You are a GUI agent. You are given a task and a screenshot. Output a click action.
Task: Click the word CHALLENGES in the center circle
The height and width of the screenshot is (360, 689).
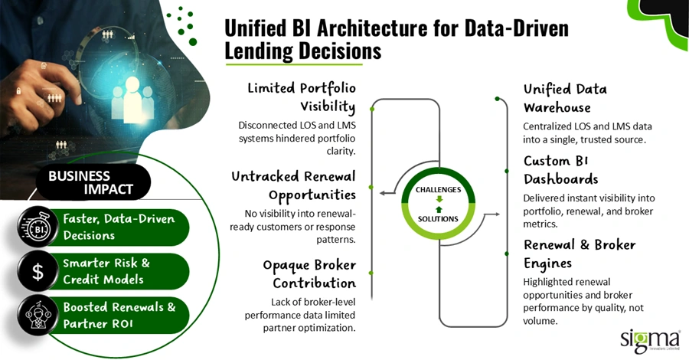(438, 189)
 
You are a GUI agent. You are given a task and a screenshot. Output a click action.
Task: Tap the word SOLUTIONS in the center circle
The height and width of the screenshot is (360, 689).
(438, 218)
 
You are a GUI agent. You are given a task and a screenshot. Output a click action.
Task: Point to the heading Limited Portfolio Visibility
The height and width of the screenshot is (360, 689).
(301, 97)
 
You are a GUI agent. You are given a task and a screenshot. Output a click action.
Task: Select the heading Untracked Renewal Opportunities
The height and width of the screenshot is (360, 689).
(294, 185)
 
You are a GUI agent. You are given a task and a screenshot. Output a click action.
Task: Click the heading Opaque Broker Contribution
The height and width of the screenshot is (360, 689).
(309, 273)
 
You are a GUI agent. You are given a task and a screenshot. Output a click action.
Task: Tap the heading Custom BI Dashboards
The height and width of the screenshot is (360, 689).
(560, 169)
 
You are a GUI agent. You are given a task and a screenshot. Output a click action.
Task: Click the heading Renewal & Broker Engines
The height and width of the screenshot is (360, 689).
(580, 254)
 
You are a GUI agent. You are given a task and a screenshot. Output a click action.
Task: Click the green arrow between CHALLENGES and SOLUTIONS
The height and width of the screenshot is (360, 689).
(438, 204)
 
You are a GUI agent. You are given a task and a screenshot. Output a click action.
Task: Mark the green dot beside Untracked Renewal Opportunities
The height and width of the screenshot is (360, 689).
(371, 186)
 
